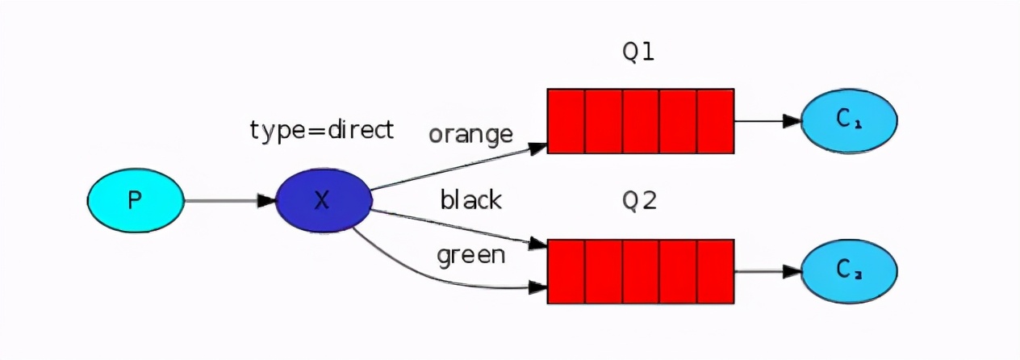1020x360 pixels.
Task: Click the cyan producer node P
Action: [136, 200]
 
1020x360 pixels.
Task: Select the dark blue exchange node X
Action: [323, 200]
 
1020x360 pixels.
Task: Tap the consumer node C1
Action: [849, 121]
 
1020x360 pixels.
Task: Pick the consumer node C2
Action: [849, 271]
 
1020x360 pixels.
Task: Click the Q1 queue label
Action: [638, 52]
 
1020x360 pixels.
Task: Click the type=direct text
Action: [322, 129]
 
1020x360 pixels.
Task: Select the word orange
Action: [470, 134]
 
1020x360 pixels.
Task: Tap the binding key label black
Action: [471, 199]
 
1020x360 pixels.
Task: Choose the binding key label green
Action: [471, 256]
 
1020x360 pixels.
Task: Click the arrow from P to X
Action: [230, 200]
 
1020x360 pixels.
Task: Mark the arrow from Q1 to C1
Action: [767, 121]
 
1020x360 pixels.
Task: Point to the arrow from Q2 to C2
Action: [767, 271]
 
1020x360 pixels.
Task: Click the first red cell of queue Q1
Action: [566, 121]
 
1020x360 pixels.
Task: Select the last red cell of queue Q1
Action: [715, 121]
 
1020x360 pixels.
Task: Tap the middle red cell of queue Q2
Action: [641, 271]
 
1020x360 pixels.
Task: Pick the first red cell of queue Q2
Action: [566, 271]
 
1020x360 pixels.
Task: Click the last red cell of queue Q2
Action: [715, 271]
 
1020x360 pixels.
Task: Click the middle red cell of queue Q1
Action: [641, 121]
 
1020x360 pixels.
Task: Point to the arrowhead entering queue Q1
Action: [539, 148]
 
